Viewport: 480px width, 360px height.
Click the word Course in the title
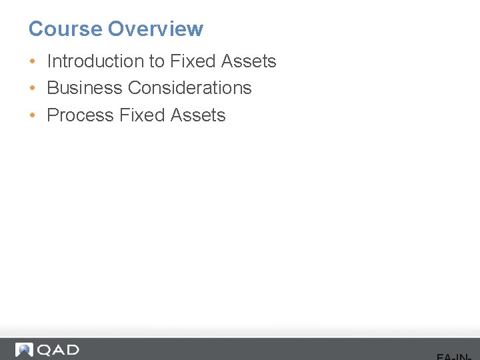coord(65,29)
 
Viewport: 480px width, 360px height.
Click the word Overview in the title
coord(155,29)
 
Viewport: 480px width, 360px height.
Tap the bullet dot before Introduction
coord(33,61)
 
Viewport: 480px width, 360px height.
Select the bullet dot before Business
coord(33,88)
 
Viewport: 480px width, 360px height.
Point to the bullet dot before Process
coord(33,115)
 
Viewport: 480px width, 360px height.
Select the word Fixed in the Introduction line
coord(191,61)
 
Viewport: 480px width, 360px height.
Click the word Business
coord(85,88)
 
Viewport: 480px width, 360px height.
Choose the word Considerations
coord(190,88)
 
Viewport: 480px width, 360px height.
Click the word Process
coord(80,115)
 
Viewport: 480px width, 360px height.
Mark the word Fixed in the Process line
coord(141,115)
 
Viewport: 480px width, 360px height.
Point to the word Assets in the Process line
coord(198,115)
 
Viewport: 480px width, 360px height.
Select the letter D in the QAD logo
coord(71,350)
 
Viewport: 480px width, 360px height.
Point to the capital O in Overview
coord(115,29)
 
